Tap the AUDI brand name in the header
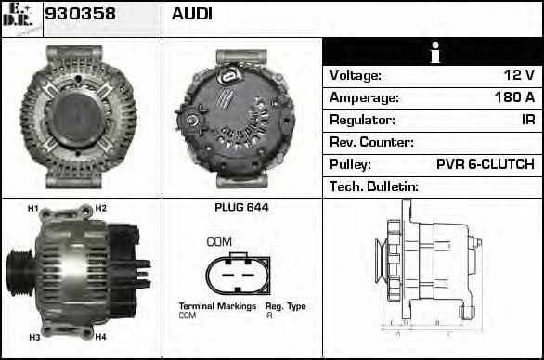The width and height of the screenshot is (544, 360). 192,15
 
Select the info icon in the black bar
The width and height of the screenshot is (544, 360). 432,52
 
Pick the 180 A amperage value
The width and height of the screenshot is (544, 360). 514,97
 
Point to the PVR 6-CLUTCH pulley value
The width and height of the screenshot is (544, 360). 485,164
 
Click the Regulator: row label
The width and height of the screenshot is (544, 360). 363,120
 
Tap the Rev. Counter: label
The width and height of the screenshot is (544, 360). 371,142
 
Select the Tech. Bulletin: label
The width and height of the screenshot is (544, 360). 374,186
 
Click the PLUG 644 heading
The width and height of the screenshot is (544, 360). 241,208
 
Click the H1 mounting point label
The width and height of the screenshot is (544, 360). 32,209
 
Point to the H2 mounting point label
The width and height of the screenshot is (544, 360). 100,208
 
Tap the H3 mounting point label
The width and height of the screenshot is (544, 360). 33,337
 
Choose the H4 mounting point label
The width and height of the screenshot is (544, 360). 100,337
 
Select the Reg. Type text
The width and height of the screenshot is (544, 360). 285,306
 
